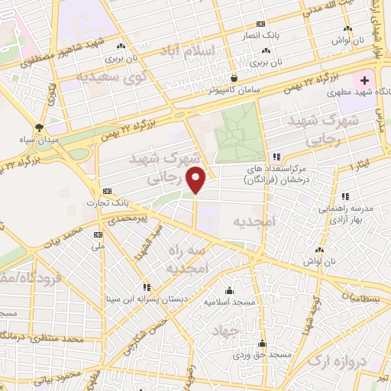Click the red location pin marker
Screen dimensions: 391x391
click(x=197, y=179)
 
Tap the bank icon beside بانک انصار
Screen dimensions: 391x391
click(x=262, y=24)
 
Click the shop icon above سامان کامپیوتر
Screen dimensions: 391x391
click(x=234, y=77)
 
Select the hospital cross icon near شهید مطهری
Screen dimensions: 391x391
click(x=364, y=80)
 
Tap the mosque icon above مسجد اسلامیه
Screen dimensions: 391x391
click(x=229, y=290)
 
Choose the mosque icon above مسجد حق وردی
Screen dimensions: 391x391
click(x=262, y=343)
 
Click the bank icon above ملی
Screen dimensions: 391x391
click(x=97, y=234)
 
